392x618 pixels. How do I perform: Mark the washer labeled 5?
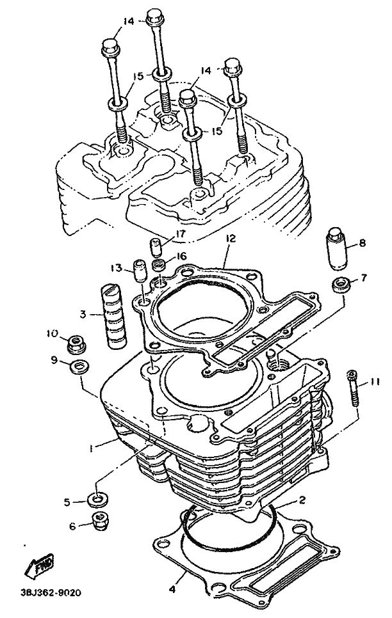(97, 500)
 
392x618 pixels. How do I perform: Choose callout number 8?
(362, 243)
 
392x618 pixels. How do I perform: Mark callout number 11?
(375, 382)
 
